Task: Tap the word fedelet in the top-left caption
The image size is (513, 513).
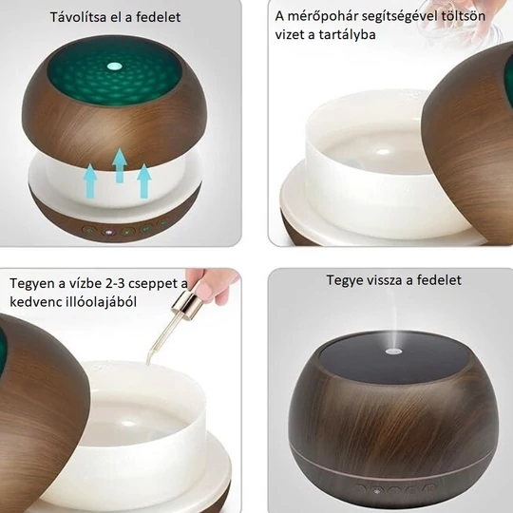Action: tap(158, 17)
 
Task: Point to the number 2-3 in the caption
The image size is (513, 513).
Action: tap(115, 283)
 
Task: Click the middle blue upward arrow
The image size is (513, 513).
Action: tap(120, 165)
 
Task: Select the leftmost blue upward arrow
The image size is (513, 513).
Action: tap(90, 181)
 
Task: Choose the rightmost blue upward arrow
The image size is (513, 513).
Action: tap(144, 180)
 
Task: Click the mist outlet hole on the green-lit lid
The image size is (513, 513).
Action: tap(114, 66)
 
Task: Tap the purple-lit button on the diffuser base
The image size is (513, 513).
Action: tap(108, 233)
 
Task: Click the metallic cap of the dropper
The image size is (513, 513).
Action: tap(189, 301)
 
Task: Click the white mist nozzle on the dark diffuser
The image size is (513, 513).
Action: tap(393, 351)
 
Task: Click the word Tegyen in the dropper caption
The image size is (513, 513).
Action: tap(31, 284)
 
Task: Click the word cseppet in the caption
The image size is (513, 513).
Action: tap(155, 284)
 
